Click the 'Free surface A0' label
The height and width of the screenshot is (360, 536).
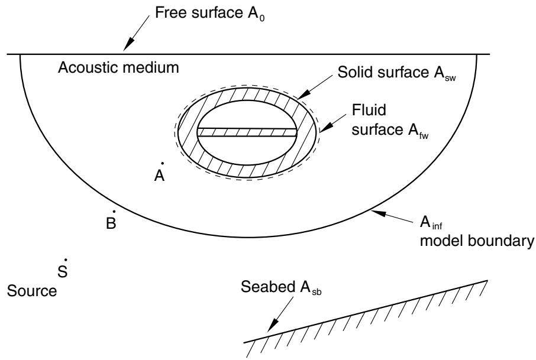[x=209, y=14]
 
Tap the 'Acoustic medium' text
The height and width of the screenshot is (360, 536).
[x=118, y=67]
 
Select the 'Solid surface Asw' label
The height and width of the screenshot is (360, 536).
[x=396, y=73]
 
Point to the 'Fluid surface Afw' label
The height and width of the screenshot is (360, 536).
[x=390, y=121]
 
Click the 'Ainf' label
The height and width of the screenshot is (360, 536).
[x=431, y=223]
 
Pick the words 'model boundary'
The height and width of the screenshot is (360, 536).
[x=477, y=241]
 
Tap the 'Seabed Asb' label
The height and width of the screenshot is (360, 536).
[x=281, y=288]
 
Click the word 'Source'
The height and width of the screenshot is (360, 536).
[x=32, y=291]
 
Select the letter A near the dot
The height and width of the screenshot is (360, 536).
[x=159, y=176]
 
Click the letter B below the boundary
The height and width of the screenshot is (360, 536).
[x=111, y=223]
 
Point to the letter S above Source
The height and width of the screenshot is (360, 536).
[x=62, y=271]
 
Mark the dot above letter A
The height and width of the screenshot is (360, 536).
[x=162, y=163]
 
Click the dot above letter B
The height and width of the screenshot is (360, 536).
[x=114, y=212]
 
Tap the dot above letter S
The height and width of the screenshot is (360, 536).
[x=65, y=260]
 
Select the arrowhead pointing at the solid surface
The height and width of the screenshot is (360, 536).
[x=304, y=94]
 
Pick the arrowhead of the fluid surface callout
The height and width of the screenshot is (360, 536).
[x=325, y=128]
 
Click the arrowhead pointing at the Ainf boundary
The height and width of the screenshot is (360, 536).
[x=379, y=213]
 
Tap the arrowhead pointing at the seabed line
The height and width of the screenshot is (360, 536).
[x=272, y=325]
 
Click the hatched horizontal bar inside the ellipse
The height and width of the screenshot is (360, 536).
[x=247, y=132]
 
